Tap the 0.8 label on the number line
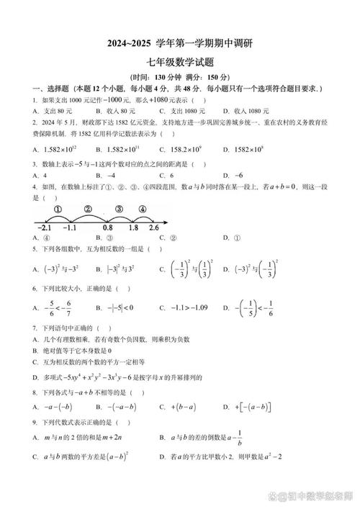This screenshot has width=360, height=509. click(x=107, y=228)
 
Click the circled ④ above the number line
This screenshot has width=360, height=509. click(x=142, y=210)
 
